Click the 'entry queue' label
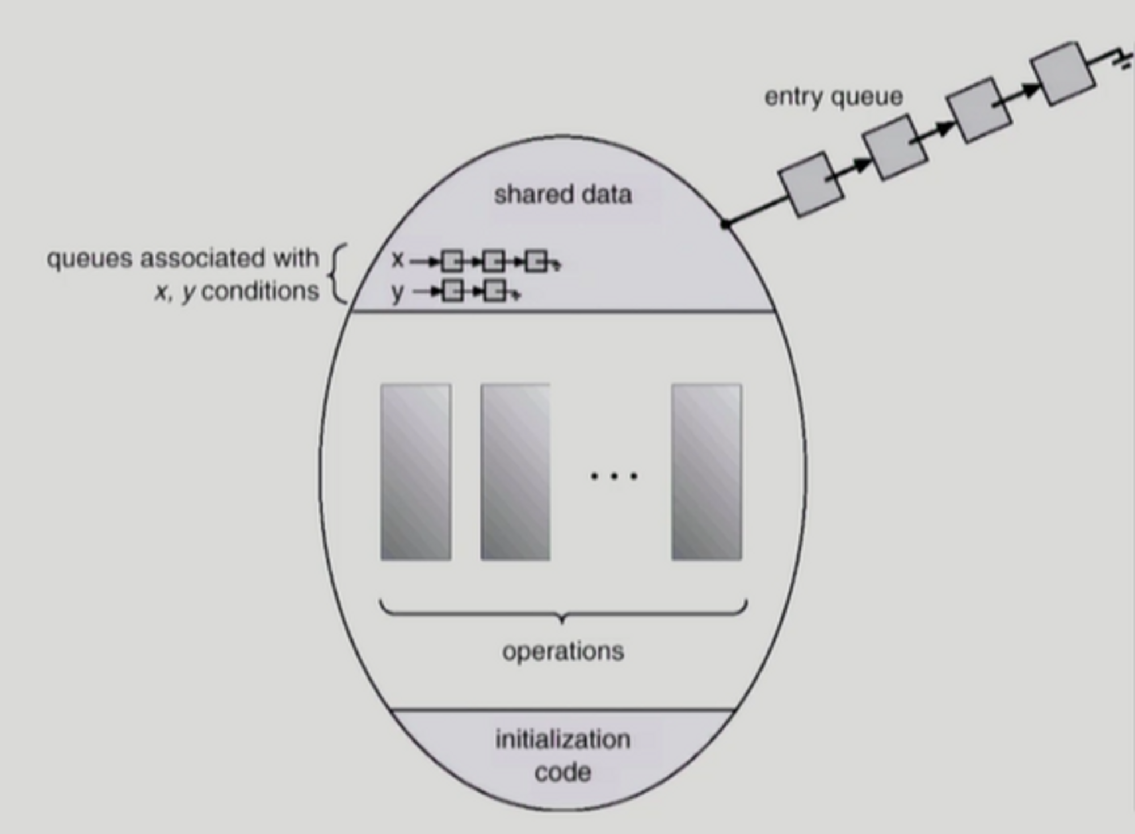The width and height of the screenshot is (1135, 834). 833,97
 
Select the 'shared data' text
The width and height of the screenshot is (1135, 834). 562,195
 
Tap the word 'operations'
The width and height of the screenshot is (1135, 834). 562,651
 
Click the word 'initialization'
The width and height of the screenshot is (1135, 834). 562,740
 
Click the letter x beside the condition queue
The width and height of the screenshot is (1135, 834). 397,260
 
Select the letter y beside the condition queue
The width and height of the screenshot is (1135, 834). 397,293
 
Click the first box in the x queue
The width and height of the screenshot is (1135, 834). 452,262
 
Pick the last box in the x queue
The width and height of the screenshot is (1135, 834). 536,262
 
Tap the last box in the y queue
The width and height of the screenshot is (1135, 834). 495,292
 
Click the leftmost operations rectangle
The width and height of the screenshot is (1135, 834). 416,472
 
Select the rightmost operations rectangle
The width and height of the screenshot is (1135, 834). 706,472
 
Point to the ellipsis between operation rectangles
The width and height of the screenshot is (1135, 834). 614,476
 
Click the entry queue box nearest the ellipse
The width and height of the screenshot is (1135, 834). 811,184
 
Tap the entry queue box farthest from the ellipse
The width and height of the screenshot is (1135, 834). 1063,74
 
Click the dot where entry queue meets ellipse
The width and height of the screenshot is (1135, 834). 725,225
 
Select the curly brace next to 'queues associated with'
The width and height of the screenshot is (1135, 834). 339,274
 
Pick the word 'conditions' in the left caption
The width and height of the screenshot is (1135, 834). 260,292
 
